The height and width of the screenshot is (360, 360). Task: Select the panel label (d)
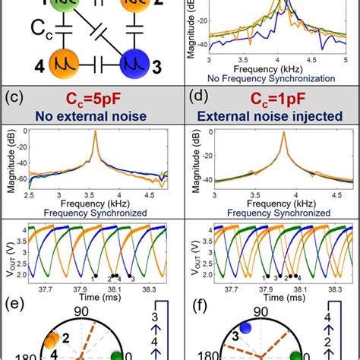(x=194, y=97)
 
